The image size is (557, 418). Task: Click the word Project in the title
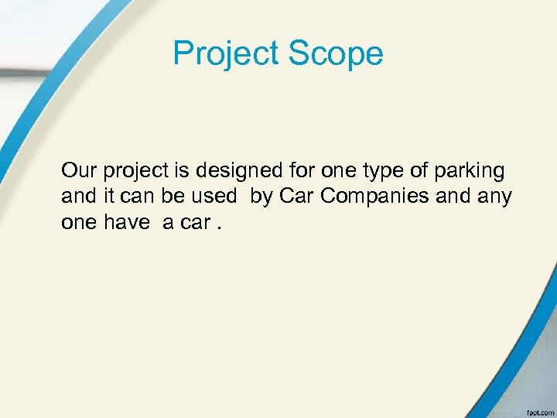(x=226, y=54)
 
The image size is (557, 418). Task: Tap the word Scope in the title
(x=336, y=54)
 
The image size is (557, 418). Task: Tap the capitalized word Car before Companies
(x=296, y=196)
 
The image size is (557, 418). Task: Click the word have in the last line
(x=128, y=222)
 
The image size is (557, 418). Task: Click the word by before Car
(x=261, y=197)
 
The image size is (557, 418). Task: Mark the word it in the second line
(x=111, y=196)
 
